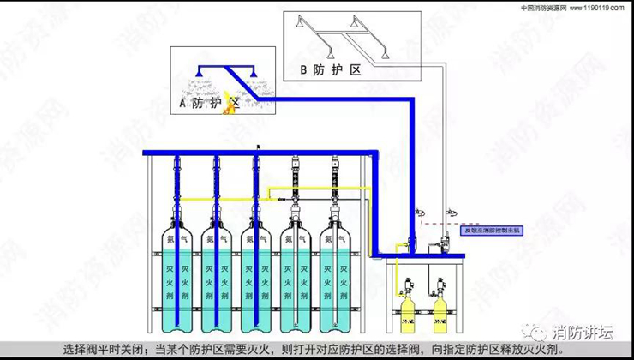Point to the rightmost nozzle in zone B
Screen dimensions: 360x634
[x=389, y=54]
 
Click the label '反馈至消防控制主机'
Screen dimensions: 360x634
[x=491, y=230]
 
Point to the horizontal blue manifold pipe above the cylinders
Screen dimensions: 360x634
[x=257, y=153]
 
